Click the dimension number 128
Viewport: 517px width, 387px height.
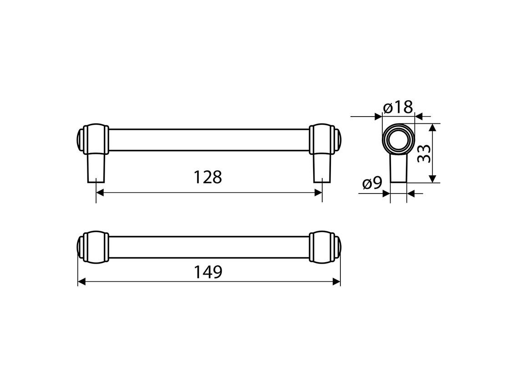208,177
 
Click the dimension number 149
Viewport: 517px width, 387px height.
208,272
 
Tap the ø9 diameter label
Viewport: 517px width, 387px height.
372,183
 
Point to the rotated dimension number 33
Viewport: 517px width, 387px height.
424,153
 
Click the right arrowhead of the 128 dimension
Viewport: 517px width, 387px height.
318,193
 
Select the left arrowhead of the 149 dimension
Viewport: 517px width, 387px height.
82,282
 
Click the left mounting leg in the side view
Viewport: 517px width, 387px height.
96,167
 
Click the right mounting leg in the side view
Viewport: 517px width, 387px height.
322,167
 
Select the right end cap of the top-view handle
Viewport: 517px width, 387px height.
324,247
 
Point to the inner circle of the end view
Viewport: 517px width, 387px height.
398,139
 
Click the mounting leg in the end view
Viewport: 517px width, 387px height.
398,169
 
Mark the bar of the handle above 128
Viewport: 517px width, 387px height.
209,139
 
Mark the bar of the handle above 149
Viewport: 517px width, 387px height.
209,247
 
